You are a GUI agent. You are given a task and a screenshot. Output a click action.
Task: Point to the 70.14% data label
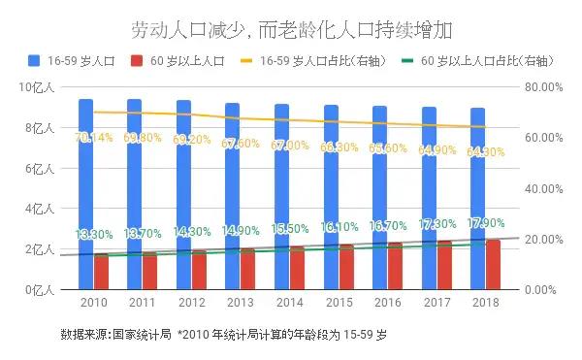(x=94, y=138)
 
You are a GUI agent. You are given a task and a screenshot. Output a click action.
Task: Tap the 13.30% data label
(x=94, y=235)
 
